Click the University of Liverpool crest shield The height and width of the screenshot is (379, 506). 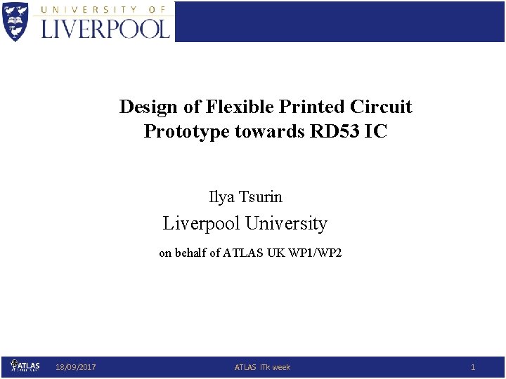tap(16, 21)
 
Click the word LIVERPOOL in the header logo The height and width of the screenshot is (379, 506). tap(106, 28)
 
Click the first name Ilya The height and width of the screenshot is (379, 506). tap(221, 198)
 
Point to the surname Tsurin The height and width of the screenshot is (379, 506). tap(261, 198)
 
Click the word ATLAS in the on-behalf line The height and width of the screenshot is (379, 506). tap(243, 253)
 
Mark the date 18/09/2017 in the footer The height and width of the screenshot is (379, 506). tap(76, 367)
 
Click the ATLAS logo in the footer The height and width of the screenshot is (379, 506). tap(25, 366)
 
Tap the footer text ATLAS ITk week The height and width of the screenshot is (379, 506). tap(262, 367)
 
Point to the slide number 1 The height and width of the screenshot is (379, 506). tap(473, 367)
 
